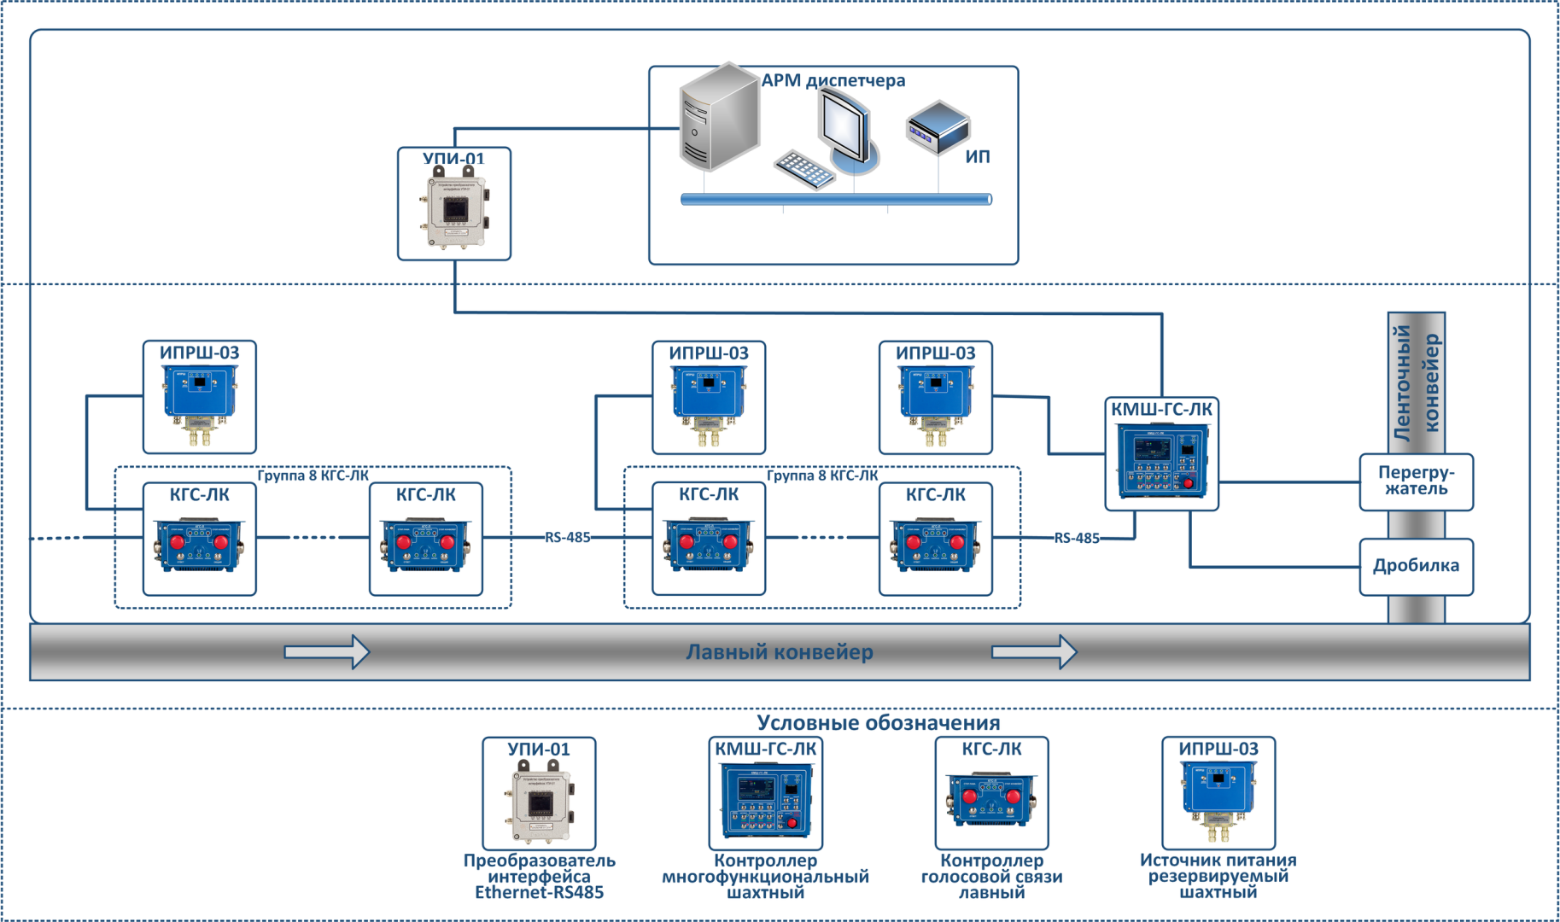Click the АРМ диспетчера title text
[833, 80]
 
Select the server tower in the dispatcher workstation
[719, 118]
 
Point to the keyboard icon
[803, 169]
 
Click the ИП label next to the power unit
[978, 157]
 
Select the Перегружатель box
[1416, 481]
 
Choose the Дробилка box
[1416, 566]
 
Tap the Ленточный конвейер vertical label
[1416, 382]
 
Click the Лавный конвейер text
[780, 652]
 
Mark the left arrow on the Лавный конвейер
[327, 652]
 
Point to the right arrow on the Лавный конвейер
[1034, 652]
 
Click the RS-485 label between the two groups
[568, 538]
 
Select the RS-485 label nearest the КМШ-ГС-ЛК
[1077, 539]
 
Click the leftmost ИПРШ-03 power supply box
[200, 398]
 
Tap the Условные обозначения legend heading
[879, 723]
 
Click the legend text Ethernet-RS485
[539, 893]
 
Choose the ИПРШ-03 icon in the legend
[1218, 795]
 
